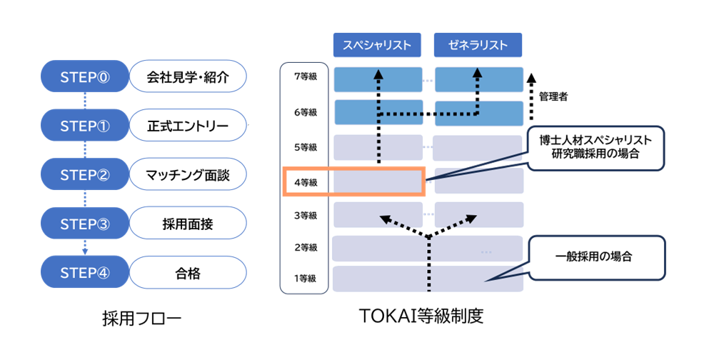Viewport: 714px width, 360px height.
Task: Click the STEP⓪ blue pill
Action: click(x=85, y=76)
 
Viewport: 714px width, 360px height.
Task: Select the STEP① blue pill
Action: click(x=85, y=125)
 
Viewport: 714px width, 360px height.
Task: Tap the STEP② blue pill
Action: click(x=85, y=174)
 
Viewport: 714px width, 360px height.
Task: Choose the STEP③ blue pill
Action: click(x=85, y=224)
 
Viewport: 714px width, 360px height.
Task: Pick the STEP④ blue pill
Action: click(x=85, y=272)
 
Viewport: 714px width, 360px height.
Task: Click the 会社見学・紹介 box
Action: click(x=188, y=76)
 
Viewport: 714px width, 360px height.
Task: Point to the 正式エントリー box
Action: click(x=188, y=125)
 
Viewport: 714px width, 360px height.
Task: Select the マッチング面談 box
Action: click(x=188, y=174)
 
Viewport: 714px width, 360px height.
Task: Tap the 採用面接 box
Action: click(x=188, y=224)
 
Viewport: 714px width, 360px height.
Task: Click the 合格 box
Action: click(x=188, y=272)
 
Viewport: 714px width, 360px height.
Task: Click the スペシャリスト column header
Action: click(x=377, y=45)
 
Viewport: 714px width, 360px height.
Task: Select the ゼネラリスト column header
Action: click(x=478, y=45)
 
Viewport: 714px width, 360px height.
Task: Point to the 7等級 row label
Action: click(x=306, y=76)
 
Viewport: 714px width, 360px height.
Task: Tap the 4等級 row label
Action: click(x=306, y=182)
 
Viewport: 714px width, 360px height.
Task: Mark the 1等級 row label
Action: click(x=305, y=278)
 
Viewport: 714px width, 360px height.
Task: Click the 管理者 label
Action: click(x=553, y=96)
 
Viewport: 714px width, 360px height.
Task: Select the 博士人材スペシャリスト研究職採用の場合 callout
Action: click(x=595, y=148)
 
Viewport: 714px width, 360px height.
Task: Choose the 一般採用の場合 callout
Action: click(x=596, y=257)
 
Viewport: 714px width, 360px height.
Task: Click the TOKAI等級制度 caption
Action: click(x=422, y=316)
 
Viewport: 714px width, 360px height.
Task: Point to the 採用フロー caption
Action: click(x=142, y=319)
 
